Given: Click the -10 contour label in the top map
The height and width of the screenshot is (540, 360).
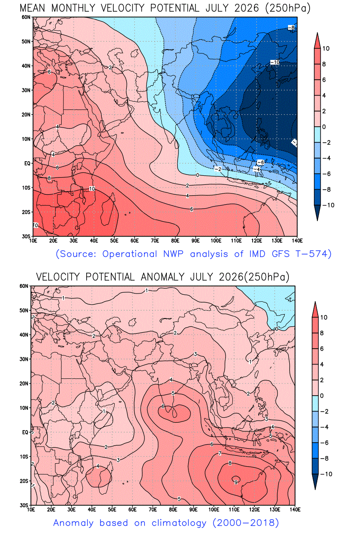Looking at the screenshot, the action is pyautogui.click(x=275, y=62).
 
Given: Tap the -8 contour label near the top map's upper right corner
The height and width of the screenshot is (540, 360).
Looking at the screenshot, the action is pyautogui.click(x=291, y=28).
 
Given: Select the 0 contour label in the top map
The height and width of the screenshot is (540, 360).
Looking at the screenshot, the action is pyautogui.click(x=197, y=175).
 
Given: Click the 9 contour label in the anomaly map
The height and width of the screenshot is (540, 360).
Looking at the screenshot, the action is pyautogui.click(x=236, y=482).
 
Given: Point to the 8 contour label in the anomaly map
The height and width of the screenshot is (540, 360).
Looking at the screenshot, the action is pyautogui.click(x=230, y=463).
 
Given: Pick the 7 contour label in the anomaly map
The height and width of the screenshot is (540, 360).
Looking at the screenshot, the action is pyautogui.click(x=220, y=453).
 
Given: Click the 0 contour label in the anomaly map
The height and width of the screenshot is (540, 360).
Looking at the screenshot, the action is pyautogui.click(x=276, y=329).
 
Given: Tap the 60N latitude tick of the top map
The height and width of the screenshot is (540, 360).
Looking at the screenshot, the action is pyautogui.click(x=26, y=17).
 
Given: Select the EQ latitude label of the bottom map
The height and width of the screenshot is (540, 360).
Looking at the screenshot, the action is pyautogui.click(x=25, y=432).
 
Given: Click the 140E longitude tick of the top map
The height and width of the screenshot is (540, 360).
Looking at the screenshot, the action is pyautogui.click(x=297, y=240).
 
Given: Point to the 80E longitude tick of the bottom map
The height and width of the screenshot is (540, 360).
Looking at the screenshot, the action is pyautogui.click(x=173, y=509).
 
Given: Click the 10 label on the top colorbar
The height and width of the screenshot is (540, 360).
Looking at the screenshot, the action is pyautogui.click(x=326, y=49).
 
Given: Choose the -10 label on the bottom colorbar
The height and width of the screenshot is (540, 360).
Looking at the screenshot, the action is pyautogui.click(x=326, y=474).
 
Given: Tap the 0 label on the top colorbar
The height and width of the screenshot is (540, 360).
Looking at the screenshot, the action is pyautogui.click(x=324, y=127).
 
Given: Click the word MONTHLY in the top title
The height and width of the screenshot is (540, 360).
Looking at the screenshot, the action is pyautogui.click(x=73, y=9).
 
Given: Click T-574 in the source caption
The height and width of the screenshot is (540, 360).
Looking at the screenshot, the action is pyautogui.click(x=313, y=254).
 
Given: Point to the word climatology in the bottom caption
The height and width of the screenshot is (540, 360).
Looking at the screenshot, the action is pyautogui.click(x=179, y=523).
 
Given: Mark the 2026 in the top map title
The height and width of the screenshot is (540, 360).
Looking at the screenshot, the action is pyautogui.click(x=247, y=9).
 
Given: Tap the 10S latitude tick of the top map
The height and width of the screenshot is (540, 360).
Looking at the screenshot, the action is pyautogui.click(x=26, y=188).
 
